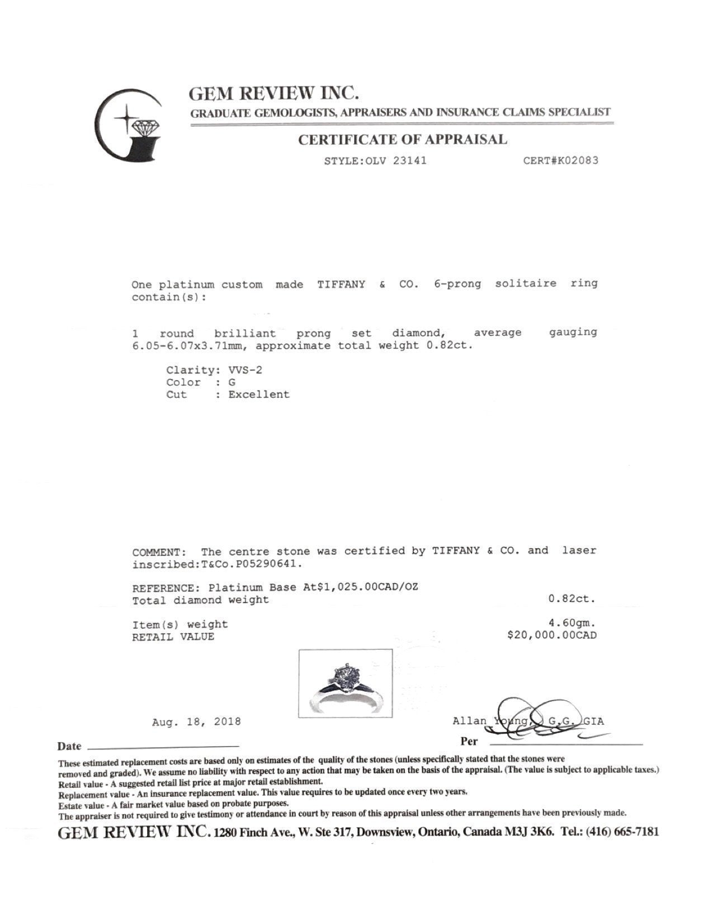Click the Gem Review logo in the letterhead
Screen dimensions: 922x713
[x=129, y=125]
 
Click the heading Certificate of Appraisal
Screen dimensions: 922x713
[x=402, y=140]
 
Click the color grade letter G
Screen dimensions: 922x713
[x=232, y=382]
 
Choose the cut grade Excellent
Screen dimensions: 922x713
[x=259, y=395]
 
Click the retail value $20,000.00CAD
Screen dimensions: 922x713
[x=551, y=635]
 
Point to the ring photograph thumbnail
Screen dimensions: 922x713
[x=345, y=683]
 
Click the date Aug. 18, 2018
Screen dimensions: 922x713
[x=196, y=722]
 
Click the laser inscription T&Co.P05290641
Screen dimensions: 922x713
[x=251, y=564]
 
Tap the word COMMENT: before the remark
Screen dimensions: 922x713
[x=157, y=552]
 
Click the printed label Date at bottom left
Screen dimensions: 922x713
[x=69, y=747]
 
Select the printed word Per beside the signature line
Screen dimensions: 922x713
[x=469, y=742]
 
